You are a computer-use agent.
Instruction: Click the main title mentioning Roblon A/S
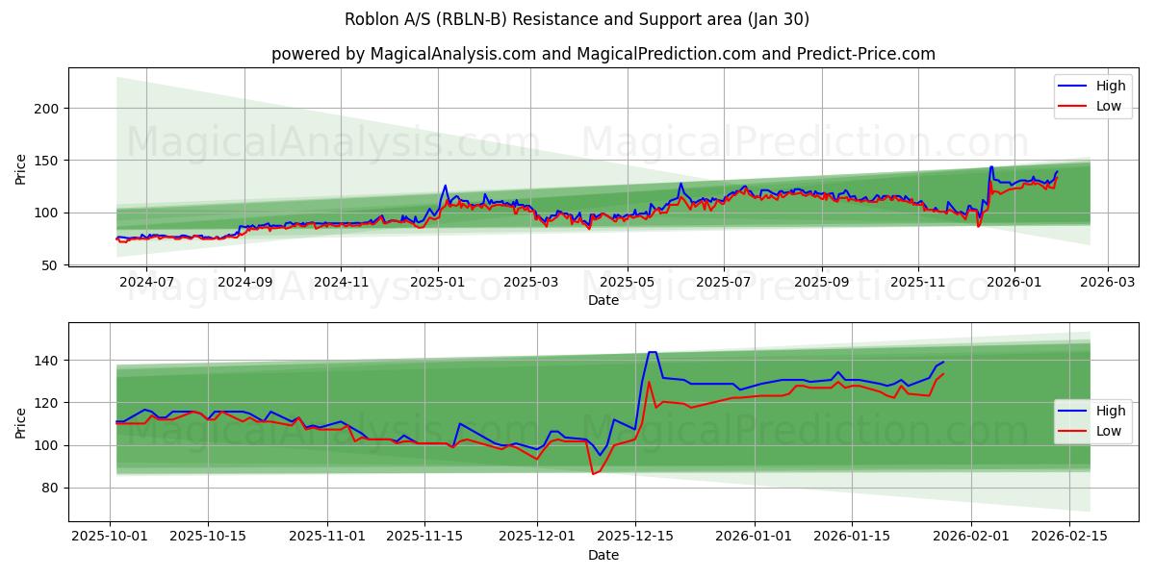click(x=577, y=19)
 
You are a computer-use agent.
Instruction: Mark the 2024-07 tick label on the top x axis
click(x=146, y=282)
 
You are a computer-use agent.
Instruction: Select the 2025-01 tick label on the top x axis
click(x=438, y=282)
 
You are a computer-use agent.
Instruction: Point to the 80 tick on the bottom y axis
click(x=50, y=488)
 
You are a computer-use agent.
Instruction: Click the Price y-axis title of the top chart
click(x=21, y=169)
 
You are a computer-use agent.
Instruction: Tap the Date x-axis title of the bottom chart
click(x=603, y=555)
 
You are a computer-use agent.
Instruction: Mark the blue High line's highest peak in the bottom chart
click(x=652, y=352)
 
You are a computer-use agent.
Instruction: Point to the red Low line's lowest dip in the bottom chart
click(x=593, y=474)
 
